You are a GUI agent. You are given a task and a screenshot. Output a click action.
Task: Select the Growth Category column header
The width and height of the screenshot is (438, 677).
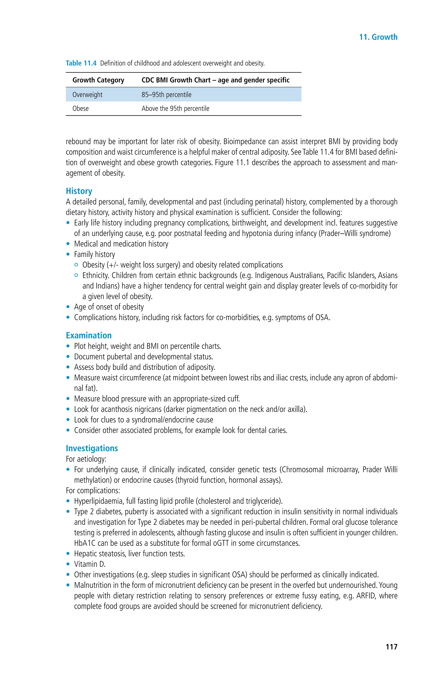pos(98,80)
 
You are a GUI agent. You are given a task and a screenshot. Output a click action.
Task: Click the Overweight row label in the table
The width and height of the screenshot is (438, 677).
pos(87,95)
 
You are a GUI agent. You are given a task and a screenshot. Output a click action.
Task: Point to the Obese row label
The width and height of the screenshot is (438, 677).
pos(80,109)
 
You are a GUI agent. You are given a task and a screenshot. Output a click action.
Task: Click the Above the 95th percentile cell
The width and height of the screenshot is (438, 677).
pos(175,109)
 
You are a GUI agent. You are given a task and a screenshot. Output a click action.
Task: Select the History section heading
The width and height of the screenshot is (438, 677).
pos(79,191)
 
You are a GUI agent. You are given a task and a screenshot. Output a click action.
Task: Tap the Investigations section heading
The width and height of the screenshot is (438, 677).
pos(92,448)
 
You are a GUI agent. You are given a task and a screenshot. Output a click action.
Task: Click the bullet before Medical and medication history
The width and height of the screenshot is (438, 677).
pos(68,244)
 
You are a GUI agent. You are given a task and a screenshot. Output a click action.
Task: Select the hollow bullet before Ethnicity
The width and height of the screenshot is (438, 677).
pos(76,275)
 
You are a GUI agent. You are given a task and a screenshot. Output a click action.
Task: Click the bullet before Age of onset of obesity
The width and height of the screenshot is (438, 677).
pos(68,307)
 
